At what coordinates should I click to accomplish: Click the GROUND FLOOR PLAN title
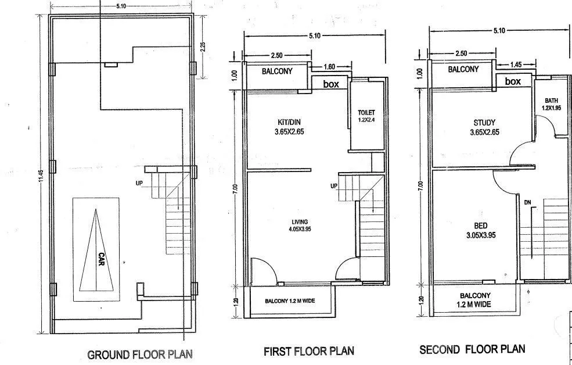point(139,354)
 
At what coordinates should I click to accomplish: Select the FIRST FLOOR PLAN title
point(308,351)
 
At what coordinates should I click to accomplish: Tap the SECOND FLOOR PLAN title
point(472,349)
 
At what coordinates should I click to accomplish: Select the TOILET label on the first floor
point(367,113)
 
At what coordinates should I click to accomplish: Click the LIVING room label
point(300,221)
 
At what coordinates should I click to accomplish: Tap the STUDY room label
point(484,123)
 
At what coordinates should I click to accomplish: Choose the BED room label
point(480,226)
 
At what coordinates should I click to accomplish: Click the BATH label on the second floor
point(551,100)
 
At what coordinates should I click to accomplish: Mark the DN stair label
point(527,202)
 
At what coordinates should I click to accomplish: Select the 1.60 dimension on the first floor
point(328,66)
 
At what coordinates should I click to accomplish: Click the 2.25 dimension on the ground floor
point(203,46)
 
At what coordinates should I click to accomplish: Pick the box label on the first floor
point(331,84)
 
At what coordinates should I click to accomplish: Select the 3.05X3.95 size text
point(480,235)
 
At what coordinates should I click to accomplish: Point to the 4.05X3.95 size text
point(300,230)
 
